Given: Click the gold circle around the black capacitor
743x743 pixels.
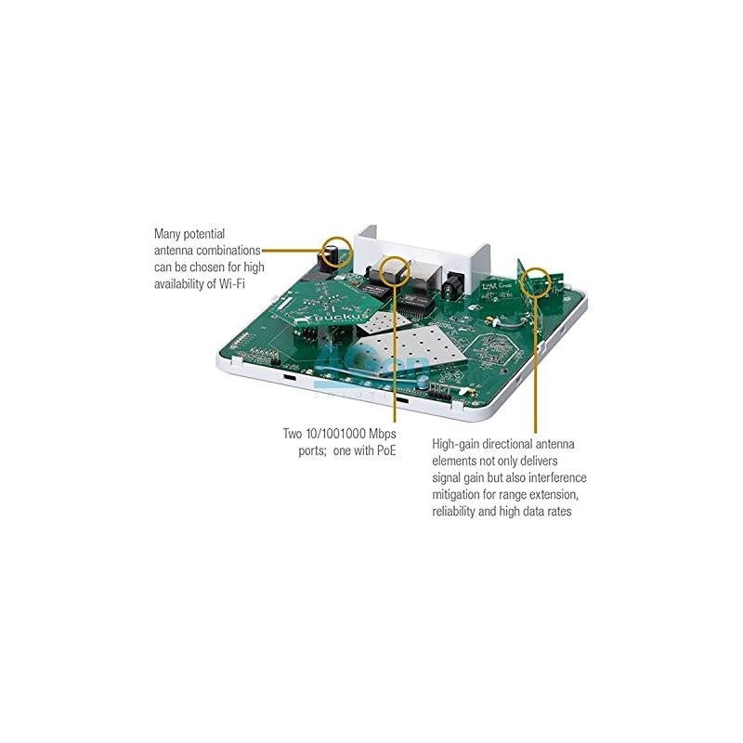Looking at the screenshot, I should click(x=336, y=250).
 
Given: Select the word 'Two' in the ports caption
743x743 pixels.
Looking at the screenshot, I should click(x=294, y=434).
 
